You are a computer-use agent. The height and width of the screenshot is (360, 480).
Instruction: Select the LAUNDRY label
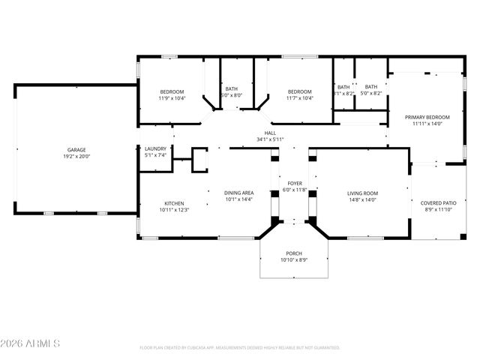[155, 148]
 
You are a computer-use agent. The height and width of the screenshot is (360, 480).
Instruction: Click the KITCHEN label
[174, 203]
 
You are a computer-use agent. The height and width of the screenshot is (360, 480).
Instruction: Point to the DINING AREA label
[239, 193]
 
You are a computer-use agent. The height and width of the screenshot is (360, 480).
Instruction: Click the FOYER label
[295, 184]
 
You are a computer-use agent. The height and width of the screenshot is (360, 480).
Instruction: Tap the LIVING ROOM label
[362, 193]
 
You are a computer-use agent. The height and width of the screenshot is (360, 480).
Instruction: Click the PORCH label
[294, 253]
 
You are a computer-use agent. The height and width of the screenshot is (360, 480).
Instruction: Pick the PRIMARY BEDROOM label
[427, 118]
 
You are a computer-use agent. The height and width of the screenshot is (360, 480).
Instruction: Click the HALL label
[271, 133]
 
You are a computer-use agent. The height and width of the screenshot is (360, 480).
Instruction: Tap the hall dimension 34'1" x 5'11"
[271, 139]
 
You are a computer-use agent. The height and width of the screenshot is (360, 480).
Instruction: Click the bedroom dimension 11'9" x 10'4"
[171, 98]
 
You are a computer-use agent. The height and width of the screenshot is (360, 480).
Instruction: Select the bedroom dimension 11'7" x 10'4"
[299, 98]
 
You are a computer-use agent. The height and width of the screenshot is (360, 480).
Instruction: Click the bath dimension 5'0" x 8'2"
[371, 93]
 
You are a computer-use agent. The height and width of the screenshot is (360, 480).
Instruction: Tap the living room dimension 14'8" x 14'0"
[362, 199]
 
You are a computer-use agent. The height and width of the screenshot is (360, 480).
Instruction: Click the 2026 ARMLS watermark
[31, 343]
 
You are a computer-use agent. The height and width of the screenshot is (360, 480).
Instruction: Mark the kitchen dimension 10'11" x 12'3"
[174, 209]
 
